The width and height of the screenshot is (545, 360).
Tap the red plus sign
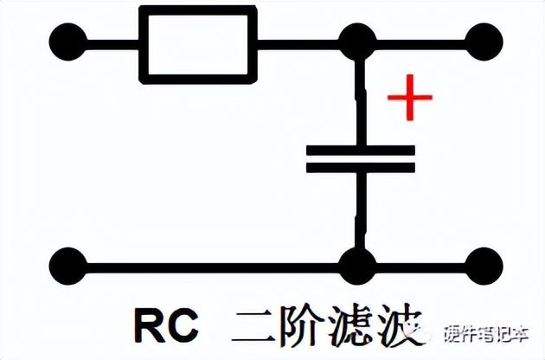click(409, 97)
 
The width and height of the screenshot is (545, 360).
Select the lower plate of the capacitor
click(360, 166)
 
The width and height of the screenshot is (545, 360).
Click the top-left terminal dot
click(69, 41)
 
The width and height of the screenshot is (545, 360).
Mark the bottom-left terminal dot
click(69, 265)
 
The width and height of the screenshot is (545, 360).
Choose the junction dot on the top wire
click(355, 41)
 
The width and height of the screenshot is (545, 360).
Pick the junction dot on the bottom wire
click(355, 265)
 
